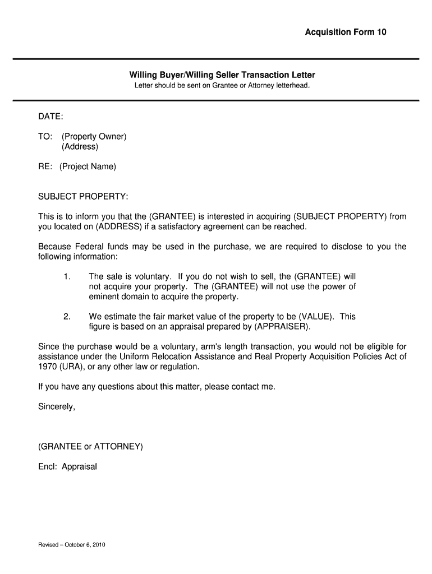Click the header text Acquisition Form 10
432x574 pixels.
point(346,32)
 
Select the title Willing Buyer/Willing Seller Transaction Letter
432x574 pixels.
point(222,75)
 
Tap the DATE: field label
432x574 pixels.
point(50,116)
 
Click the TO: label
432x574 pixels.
point(45,137)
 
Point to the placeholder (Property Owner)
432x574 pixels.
point(94,137)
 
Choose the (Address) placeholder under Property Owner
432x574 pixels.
point(80,147)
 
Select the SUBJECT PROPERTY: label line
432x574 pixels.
point(83,197)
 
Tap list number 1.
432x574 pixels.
point(67,276)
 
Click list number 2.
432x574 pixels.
point(67,316)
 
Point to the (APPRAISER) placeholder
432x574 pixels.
point(281,326)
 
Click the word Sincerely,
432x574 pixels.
point(56,407)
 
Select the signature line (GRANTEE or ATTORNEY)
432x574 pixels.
point(90,447)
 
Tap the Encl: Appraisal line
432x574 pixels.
point(67,466)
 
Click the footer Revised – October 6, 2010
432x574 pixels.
point(72,545)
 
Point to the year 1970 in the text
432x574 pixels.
point(48,367)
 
